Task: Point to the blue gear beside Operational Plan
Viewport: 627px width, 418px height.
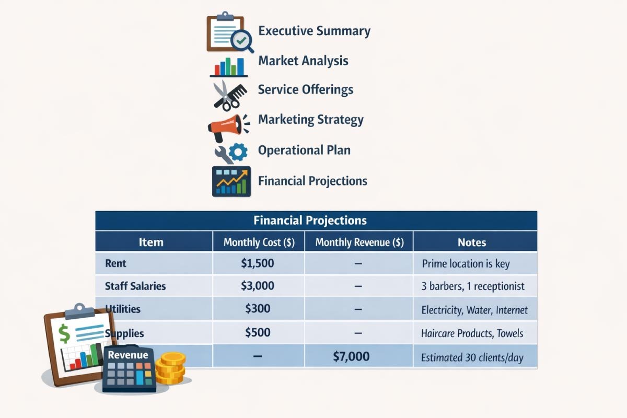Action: (239, 152)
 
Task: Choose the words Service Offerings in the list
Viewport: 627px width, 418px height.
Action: (306, 89)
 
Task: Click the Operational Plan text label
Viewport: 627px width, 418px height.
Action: (304, 150)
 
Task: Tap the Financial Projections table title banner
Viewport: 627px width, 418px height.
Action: (316, 220)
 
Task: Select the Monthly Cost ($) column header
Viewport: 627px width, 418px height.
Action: (258, 242)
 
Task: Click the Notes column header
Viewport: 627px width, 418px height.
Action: (471, 242)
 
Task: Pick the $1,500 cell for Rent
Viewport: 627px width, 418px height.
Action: (258, 263)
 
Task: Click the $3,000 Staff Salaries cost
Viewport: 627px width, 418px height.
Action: (258, 286)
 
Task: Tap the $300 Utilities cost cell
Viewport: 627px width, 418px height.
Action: (258, 308)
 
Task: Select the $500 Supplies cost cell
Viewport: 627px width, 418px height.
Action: (258, 333)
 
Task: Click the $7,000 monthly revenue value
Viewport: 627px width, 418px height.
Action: (351, 357)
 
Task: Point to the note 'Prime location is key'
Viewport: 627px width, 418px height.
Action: (466, 264)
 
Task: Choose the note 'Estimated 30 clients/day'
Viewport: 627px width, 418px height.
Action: (472, 358)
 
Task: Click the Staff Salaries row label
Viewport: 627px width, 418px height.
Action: (135, 286)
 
